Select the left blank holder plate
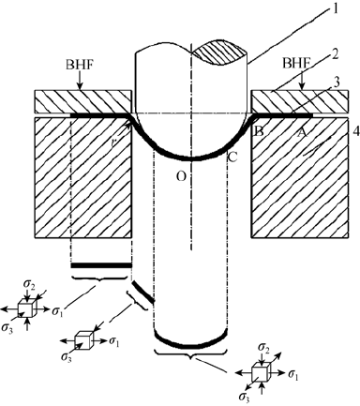[x=80, y=99]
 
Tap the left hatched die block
[x=70, y=178]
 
